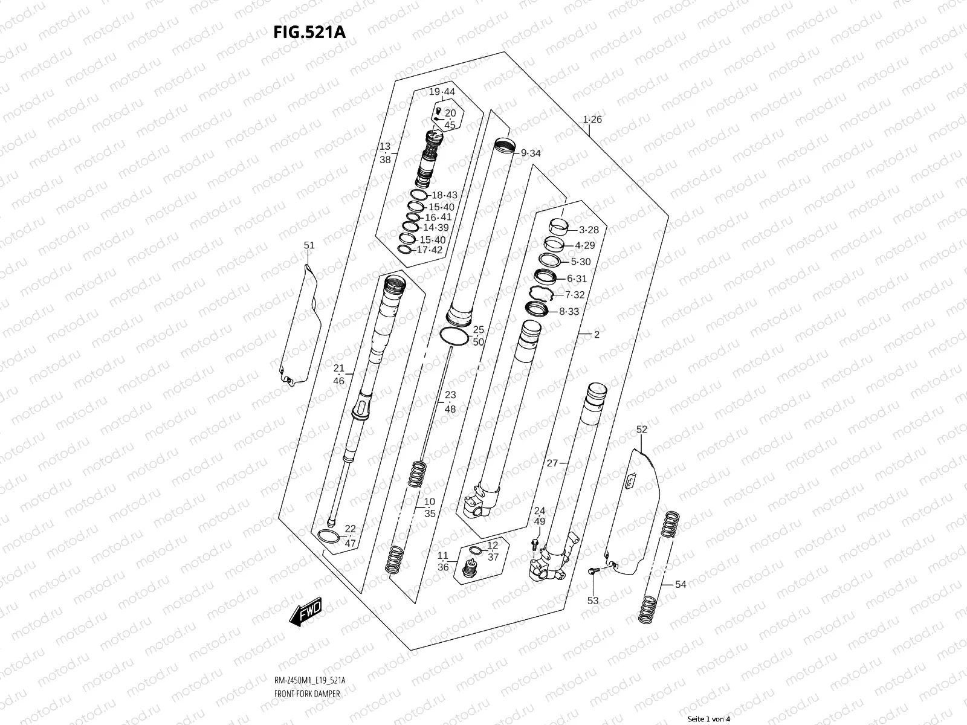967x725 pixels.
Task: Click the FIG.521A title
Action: (310, 32)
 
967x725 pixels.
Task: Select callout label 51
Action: (309, 245)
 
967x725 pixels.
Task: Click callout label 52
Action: (642, 430)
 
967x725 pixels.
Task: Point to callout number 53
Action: (593, 601)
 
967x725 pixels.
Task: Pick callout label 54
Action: (681, 584)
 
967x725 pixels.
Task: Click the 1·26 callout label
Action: (592, 120)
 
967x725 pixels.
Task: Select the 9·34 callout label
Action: (531, 153)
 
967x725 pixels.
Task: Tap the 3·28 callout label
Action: (589, 230)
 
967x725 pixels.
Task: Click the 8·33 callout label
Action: (569, 312)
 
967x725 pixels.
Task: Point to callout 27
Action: (552, 463)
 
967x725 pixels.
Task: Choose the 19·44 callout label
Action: (442, 92)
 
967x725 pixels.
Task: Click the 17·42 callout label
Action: (430, 250)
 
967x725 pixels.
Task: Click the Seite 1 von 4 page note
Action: (709, 719)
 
